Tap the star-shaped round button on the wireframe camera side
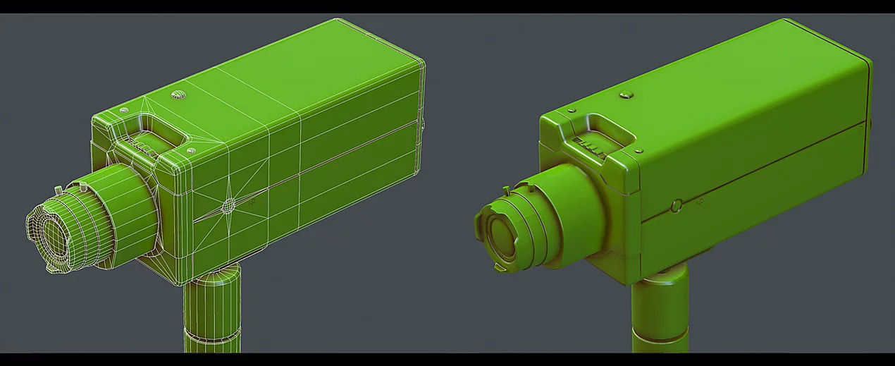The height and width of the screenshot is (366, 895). tap(229, 205)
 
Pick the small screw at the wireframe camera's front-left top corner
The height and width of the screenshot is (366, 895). tap(124, 111)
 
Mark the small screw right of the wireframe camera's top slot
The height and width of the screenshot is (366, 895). tap(190, 150)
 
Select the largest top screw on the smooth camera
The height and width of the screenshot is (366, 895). tap(624, 94)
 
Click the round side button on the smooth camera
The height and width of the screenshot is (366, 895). tap(677, 206)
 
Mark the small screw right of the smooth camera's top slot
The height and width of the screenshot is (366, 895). tap(638, 150)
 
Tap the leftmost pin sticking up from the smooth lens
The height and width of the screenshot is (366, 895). tap(505, 189)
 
